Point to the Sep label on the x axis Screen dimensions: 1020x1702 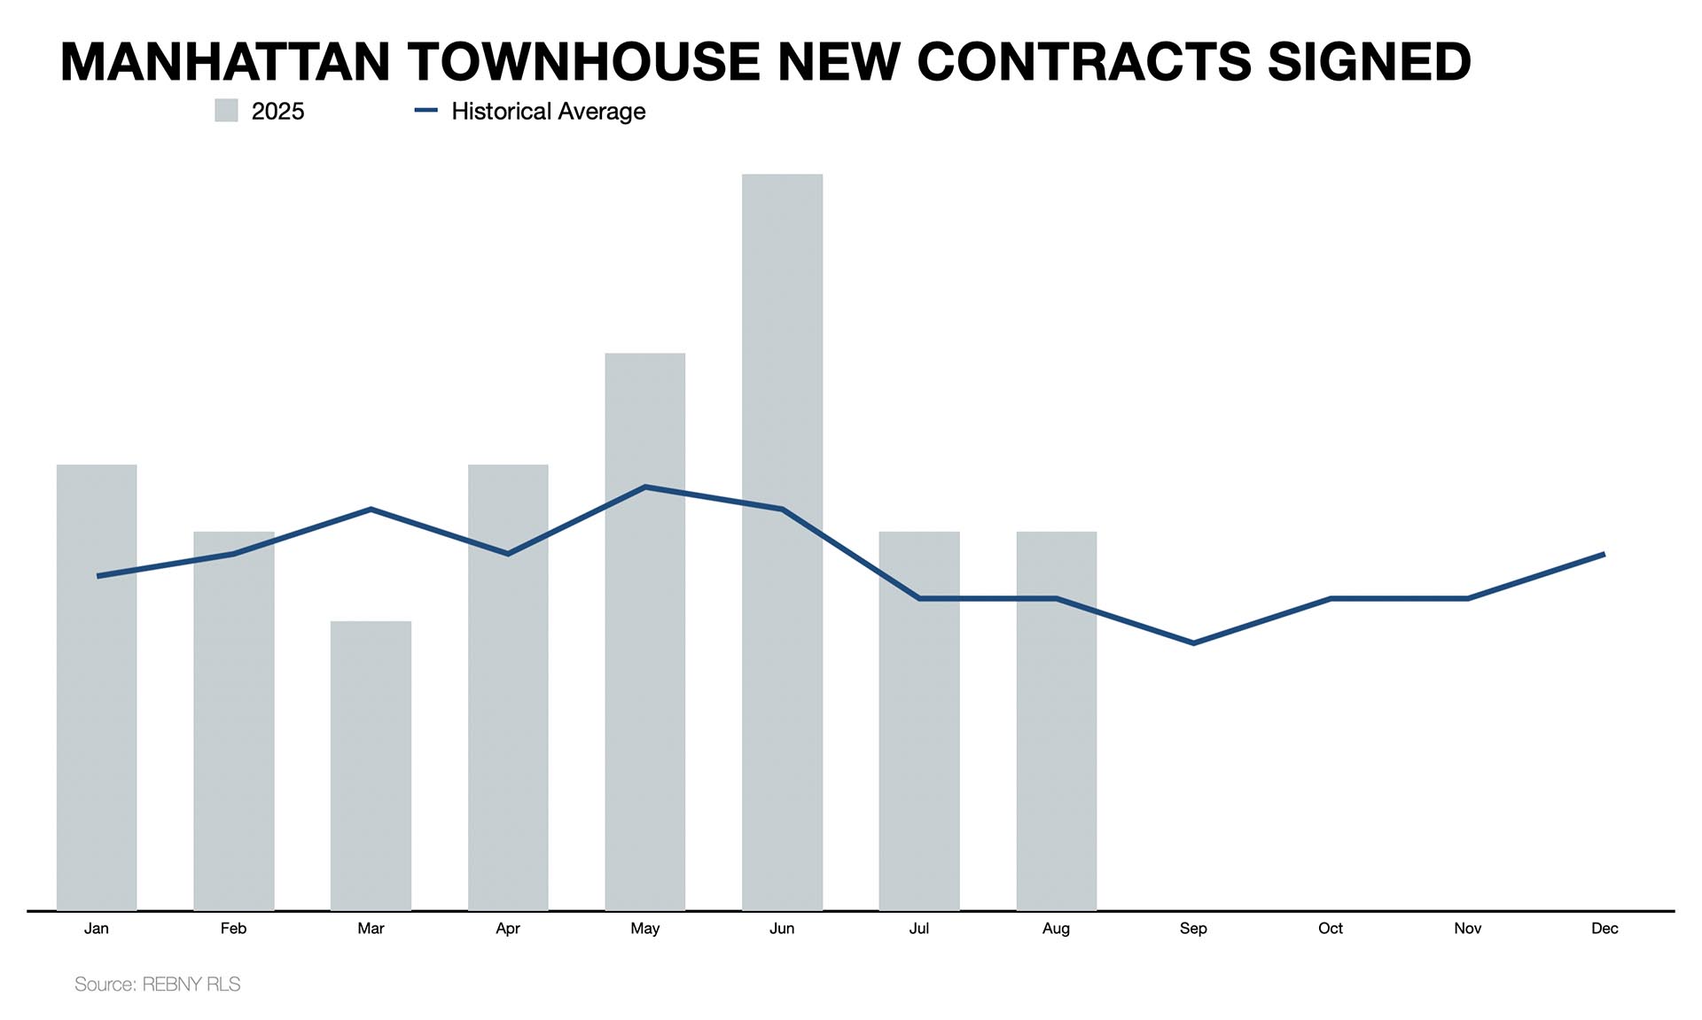click(x=1193, y=928)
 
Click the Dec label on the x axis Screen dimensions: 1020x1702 click(x=1604, y=928)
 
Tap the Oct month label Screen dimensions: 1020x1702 click(x=1330, y=928)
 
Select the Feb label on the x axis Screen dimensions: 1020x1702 click(x=233, y=928)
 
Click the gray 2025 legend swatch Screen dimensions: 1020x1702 click(x=226, y=111)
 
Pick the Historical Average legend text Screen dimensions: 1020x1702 click(x=548, y=111)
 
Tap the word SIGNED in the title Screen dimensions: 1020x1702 click(x=1369, y=61)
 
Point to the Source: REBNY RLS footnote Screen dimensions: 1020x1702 click(x=157, y=984)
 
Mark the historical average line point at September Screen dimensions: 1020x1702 click(x=1193, y=642)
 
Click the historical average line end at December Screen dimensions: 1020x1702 click(x=1604, y=554)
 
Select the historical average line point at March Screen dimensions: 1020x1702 click(x=371, y=509)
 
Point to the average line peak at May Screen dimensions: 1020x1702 click(x=645, y=487)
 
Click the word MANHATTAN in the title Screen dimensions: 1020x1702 click(x=225, y=61)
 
